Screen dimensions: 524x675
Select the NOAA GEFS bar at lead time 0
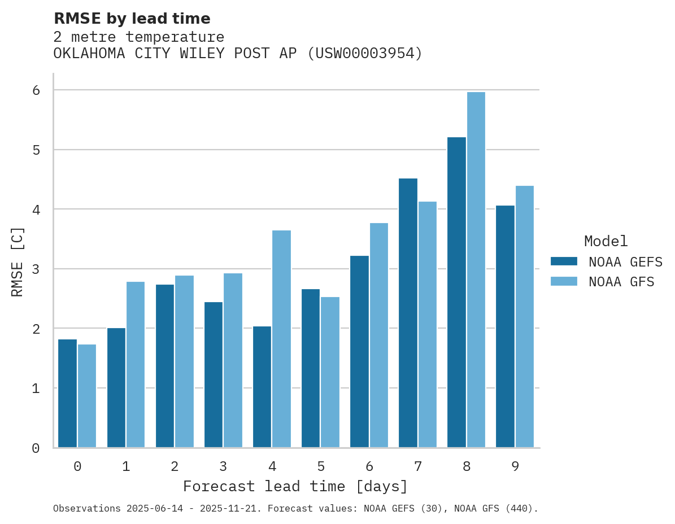68,394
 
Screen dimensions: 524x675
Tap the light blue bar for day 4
282,339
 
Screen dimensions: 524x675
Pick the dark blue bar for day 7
408,313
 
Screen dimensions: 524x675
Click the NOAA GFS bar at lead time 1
136,365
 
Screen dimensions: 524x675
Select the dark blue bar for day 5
311,368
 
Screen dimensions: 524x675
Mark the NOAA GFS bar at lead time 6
379,335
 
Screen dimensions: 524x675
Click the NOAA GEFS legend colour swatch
564,261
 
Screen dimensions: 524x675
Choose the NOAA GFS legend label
621,282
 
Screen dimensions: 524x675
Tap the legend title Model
606,242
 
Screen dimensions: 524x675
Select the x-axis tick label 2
175,467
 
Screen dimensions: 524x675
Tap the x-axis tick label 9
515,467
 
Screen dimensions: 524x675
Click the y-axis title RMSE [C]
18,261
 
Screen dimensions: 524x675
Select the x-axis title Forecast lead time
295,487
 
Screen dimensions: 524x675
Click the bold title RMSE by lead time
132,19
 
